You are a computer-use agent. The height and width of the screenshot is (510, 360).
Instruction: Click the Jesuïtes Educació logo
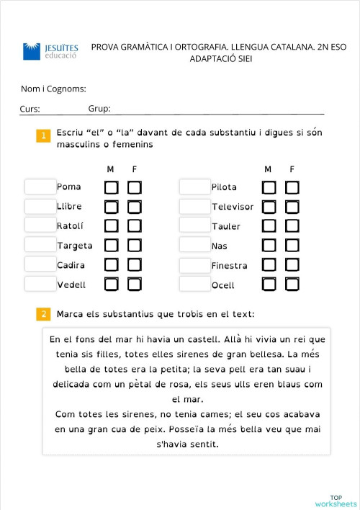tap(51, 51)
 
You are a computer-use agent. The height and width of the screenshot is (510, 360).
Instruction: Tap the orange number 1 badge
tap(43, 135)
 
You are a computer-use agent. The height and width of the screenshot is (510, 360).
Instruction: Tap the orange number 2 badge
tap(43, 314)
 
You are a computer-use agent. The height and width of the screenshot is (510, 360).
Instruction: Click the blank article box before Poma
tap(40, 187)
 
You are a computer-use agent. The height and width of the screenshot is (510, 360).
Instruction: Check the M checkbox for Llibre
tap(112, 207)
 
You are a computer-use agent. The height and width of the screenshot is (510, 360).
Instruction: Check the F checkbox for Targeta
tap(135, 246)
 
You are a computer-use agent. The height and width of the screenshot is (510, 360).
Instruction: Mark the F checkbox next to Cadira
tap(135, 265)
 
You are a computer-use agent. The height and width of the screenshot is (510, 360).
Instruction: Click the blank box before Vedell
tap(40, 285)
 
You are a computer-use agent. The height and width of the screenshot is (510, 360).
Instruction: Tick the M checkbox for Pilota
tap(269, 187)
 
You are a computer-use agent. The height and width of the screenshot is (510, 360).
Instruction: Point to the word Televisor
tap(233, 207)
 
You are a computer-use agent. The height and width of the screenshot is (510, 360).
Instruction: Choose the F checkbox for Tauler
tap(292, 226)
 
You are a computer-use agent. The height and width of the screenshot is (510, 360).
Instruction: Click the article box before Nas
tap(194, 246)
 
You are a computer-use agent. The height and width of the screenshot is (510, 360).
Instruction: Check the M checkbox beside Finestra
tap(269, 265)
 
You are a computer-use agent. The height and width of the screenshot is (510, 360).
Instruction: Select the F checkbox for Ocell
tap(292, 285)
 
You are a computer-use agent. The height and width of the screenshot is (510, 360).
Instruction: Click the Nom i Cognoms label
tap(53, 89)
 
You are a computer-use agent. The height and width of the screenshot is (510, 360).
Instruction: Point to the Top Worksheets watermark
tap(336, 501)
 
